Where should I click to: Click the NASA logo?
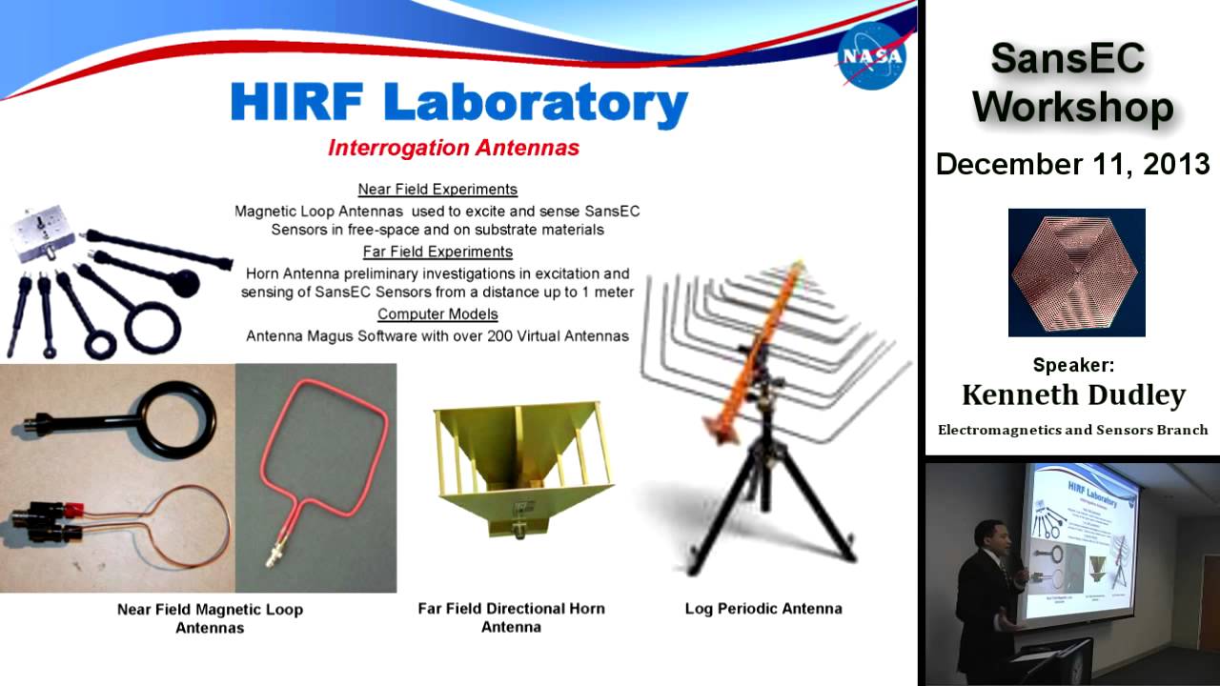870,56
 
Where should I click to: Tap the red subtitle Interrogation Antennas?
453,148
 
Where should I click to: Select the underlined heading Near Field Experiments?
437,189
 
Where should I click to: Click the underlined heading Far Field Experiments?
437,252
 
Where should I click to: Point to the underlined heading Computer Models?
437,313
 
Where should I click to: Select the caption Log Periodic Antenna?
762,608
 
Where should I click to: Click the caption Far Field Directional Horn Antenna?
511,617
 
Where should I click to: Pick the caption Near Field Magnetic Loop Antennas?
210,618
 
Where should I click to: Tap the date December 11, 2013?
1072,164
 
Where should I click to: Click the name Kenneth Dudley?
1073,394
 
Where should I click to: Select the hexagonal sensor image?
1076,272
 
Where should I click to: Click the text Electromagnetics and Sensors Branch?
1073,430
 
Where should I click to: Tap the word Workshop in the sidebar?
1073,107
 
